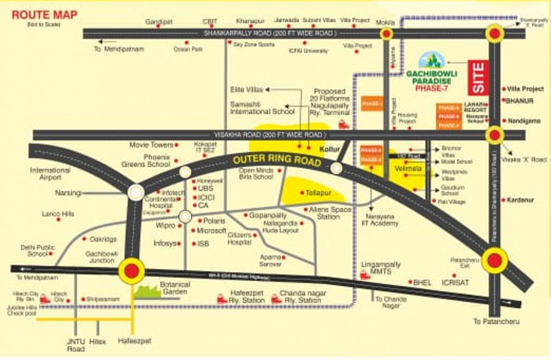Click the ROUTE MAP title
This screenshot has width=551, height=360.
[x=45, y=15]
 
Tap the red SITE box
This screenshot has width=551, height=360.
[x=478, y=77]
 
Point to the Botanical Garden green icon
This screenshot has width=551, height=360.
[x=147, y=292]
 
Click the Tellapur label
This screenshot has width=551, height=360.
[x=319, y=193]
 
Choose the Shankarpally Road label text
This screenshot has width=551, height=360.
[x=270, y=33]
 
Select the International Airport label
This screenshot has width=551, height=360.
[x=50, y=174]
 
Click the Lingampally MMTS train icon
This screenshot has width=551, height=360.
[x=365, y=275]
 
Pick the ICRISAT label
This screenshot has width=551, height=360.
[x=455, y=283]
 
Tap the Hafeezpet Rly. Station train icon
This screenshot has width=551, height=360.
[x=222, y=298]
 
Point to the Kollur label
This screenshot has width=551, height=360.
[x=329, y=149]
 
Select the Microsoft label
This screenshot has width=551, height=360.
[x=212, y=231]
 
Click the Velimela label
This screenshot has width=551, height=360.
[x=408, y=168]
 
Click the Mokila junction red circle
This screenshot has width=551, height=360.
[x=387, y=33]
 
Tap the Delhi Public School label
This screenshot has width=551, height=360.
[x=37, y=250]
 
